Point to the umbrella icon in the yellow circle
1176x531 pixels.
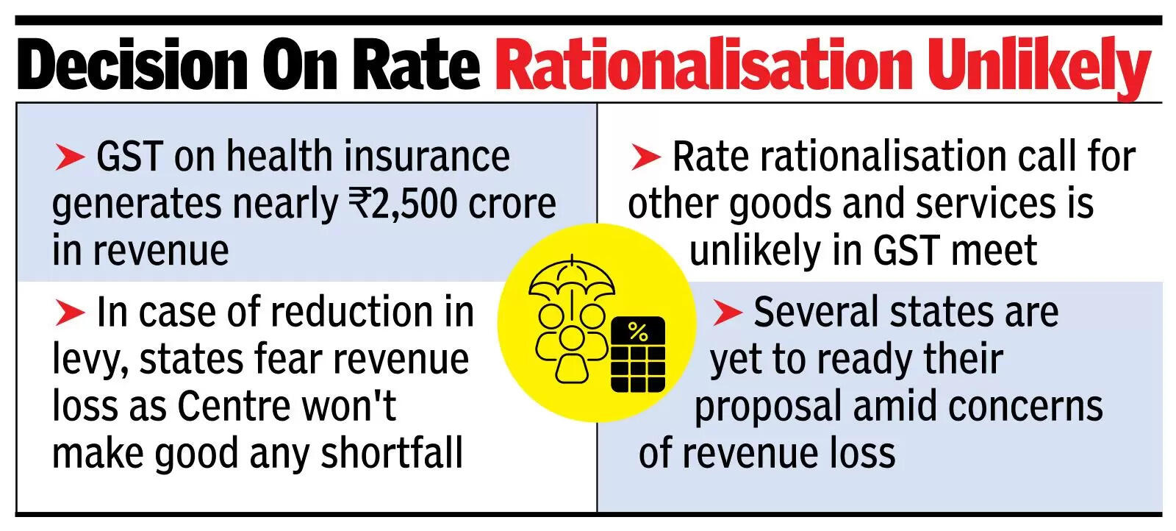(x=572, y=277)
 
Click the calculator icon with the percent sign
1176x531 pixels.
(x=638, y=354)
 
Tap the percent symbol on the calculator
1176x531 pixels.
(x=638, y=332)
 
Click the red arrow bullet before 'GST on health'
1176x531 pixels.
(x=71, y=157)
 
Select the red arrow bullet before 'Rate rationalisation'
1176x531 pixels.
(x=646, y=157)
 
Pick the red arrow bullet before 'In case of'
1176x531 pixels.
(x=71, y=313)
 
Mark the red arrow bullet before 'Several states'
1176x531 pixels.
(x=727, y=313)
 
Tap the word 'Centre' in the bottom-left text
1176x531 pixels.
(x=229, y=406)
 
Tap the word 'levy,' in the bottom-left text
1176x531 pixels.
(x=90, y=360)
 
